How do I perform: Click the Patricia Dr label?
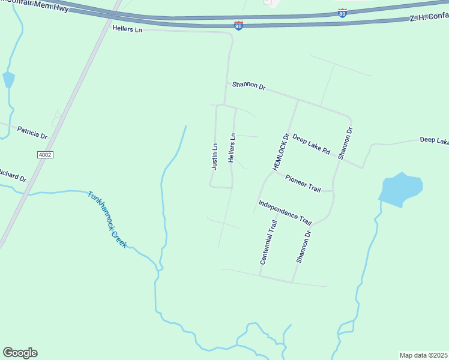pyautogui.click(x=32, y=133)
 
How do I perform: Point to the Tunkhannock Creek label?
pyautogui.click(x=107, y=220)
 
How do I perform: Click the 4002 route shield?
pyautogui.click(x=45, y=155)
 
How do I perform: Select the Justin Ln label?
pyautogui.click(x=214, y=157)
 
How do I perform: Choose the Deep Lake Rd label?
pyautogui.click(x=311, y=144)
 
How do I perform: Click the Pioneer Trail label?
pyautogui.click(x=303, y=184)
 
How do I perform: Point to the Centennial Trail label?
pyautogui.click(x=268, y=242)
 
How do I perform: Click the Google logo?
pyautogui.click(x=20, y=353)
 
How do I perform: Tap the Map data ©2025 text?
pyautogui.click(x=423, y=355)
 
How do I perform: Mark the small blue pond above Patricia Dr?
pyautogui.click(x=8, y=79)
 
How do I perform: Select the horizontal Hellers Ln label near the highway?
pyautogui.click(x=127, y=28)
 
